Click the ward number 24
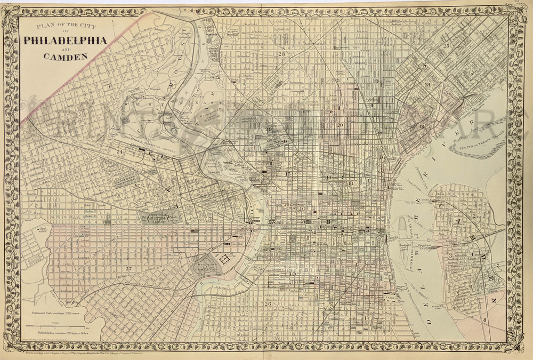pyautogui.click(x=120, y=152)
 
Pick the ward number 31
pyautogui.click(x=427, y=85)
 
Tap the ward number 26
pyautogui.click(x=268, y=304)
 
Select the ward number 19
pyautogui.click(x=375, y=81)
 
